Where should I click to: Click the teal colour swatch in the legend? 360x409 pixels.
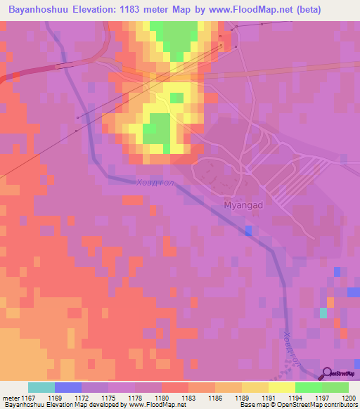coord(41,387)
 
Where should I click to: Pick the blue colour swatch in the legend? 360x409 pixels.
coord(68,387)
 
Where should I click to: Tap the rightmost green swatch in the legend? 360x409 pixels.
coord(335,387)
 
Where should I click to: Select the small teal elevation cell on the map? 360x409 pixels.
coord(323,313)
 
